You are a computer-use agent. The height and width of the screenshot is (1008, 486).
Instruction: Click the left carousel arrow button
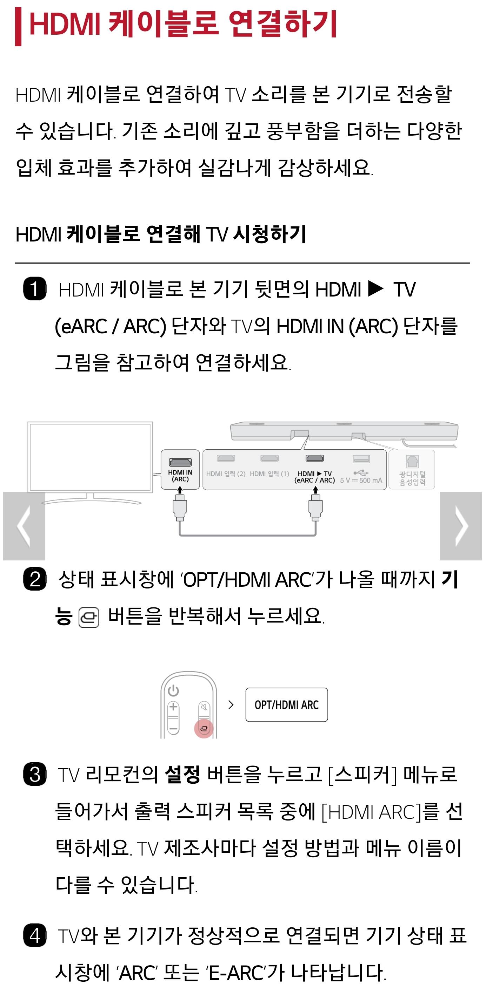tap(24, 526)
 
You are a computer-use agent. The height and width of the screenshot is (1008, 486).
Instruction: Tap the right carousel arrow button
tap(461, 526)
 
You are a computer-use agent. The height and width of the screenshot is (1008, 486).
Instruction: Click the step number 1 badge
tap(35, 289)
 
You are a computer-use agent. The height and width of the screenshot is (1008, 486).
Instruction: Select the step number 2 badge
tap(35, 579)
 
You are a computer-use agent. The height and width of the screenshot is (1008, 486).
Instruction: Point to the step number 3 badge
tap(35, 774)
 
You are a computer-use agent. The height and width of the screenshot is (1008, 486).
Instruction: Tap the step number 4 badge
tap(35, 935)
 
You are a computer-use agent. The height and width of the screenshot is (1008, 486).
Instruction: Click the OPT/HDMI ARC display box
tap(287, 705)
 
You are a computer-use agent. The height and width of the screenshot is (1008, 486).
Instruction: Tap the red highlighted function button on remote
tap(204, 729)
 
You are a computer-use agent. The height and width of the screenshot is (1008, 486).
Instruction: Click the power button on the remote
tap(173, 691)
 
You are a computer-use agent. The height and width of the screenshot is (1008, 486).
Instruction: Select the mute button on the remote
tap(204, 707)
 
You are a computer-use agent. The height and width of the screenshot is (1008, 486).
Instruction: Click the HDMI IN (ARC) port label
tap(180, 476)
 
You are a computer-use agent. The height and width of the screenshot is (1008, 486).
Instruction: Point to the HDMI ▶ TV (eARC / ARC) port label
tap(314, 477)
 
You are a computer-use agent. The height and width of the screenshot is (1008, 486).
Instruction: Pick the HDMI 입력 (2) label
tap(226, 474)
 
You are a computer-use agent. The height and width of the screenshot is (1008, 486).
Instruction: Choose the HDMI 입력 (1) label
tap(269, 474)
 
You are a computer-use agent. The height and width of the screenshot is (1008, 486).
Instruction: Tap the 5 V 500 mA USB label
tap(361, 480)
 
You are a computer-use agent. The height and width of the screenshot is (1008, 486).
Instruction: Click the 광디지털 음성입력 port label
tap(412, 478)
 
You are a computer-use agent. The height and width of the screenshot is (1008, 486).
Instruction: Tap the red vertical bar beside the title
tap(18, 27)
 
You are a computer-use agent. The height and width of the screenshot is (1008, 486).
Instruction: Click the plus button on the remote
tap(173, 707)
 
